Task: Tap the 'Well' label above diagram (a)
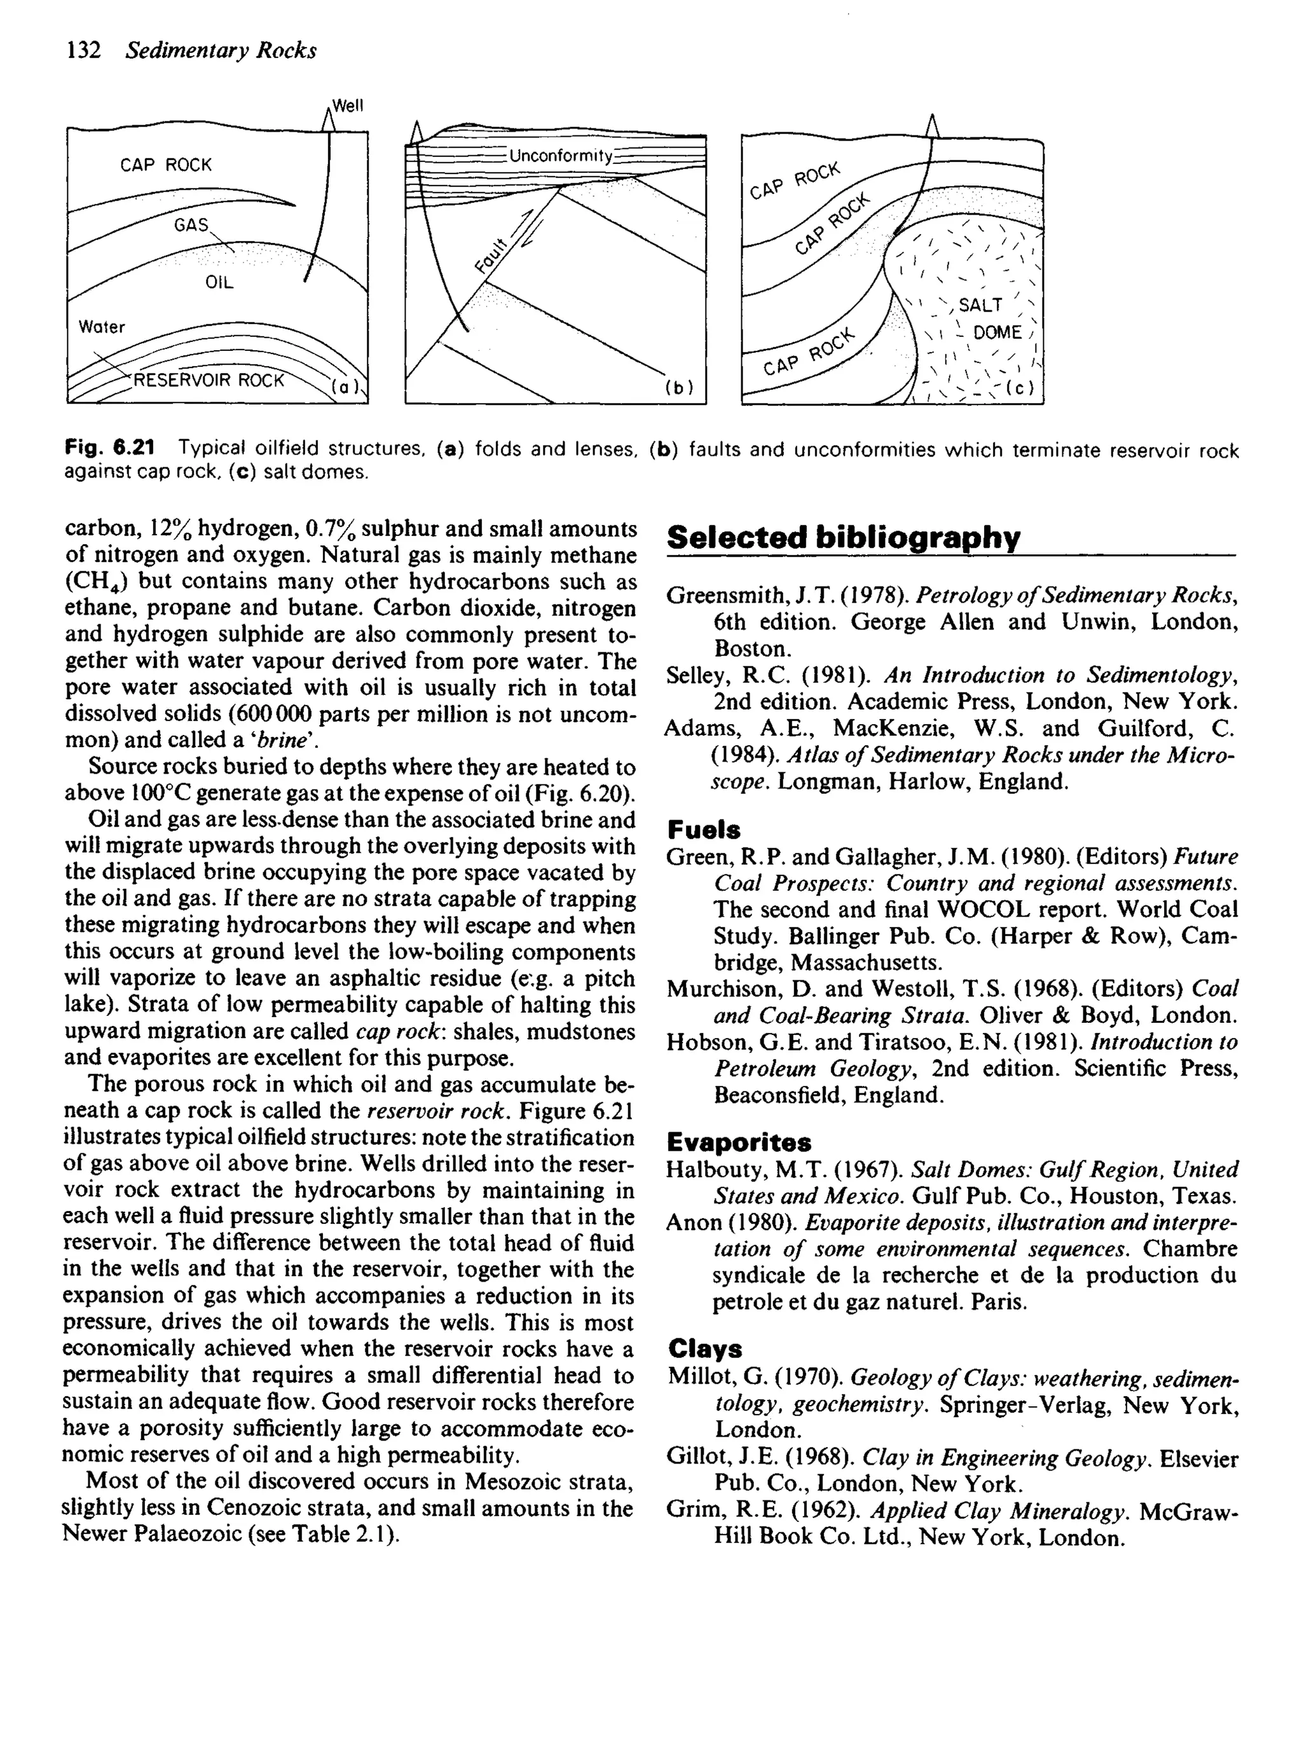(348, 106)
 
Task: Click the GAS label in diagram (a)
(191, 225)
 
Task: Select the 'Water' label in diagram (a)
(102, 327)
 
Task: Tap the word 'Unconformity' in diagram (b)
(560, 156)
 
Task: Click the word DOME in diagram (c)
(997, 332)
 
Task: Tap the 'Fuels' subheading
(703, 830)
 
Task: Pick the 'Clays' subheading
(704, 1350)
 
